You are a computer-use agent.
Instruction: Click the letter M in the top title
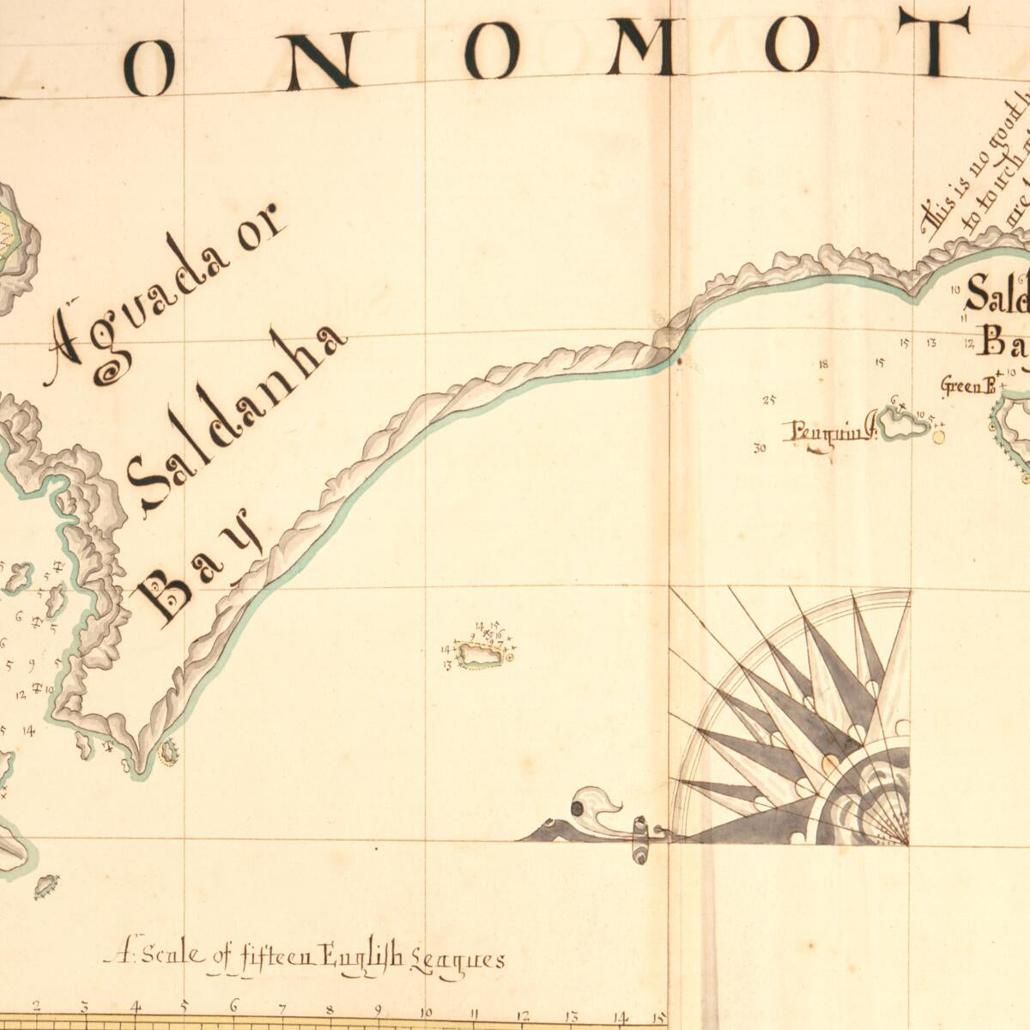tap(641, 47)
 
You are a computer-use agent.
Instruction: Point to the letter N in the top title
tap(321, 56)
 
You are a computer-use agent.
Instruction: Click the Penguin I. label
tap(829, 430)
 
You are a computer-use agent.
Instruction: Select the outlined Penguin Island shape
tap(906, 424)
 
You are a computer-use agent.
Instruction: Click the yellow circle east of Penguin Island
tap(938, 437)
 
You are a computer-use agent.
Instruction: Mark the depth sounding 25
tap(768, 400)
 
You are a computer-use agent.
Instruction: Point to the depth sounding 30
tap(759, 447)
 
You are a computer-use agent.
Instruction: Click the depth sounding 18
tap(824, 364)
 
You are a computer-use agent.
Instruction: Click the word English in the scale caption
tap(360, 955)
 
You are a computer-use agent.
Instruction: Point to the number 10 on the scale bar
tap(426, 1010)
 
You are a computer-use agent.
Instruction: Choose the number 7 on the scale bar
tap(282, 1009)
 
